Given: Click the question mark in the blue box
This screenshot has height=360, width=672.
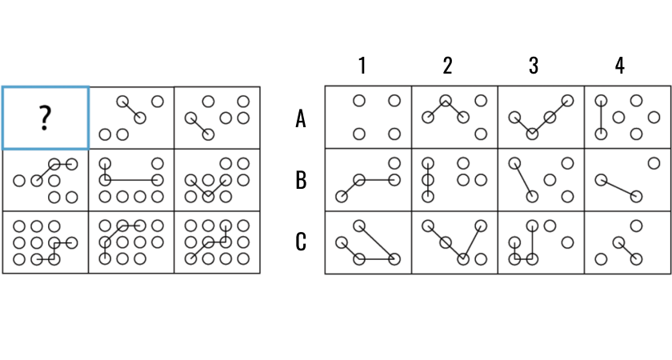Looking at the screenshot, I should click(x=45, y=118).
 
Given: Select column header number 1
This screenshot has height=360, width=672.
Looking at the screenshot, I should click(x=362, y=66).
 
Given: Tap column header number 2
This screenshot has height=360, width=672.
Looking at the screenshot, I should click(x=448, y=66).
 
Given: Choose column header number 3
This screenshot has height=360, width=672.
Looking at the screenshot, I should click(x=534, y=66).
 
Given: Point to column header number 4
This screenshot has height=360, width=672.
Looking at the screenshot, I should click(x=619, y=66).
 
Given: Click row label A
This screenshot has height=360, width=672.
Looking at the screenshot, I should click(x=301, y=119).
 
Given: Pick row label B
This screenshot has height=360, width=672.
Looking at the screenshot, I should click(x=301, y=180).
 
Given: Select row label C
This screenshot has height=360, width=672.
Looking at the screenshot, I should click(x=301, y=241).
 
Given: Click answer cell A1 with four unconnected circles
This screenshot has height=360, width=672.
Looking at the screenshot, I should click(x=369, y=118).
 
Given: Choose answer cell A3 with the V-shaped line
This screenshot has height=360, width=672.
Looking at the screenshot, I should click(x=541, y=118).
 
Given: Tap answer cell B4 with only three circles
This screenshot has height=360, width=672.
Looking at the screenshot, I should click(x=627, y=180).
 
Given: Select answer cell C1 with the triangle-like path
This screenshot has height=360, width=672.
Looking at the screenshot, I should click(x=369, y=242).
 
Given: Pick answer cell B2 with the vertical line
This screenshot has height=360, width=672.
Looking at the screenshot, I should click(x=454, y=180).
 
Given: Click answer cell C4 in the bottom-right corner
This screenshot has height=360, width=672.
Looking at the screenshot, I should click(x=627, y=242).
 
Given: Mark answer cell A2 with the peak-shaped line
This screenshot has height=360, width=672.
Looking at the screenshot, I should click(x=454, y=118).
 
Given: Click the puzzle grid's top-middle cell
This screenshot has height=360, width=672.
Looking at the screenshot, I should click(x=131, y=118).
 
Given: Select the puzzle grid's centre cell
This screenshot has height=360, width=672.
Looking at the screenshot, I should click(x=131, y=180).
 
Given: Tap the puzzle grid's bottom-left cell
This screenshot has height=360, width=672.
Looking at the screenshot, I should click(x=46, y=242).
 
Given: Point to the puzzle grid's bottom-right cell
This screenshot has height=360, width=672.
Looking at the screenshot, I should click(x=217, y=242).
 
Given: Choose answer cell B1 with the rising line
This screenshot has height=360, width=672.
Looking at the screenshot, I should click(x=369, y=180).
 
